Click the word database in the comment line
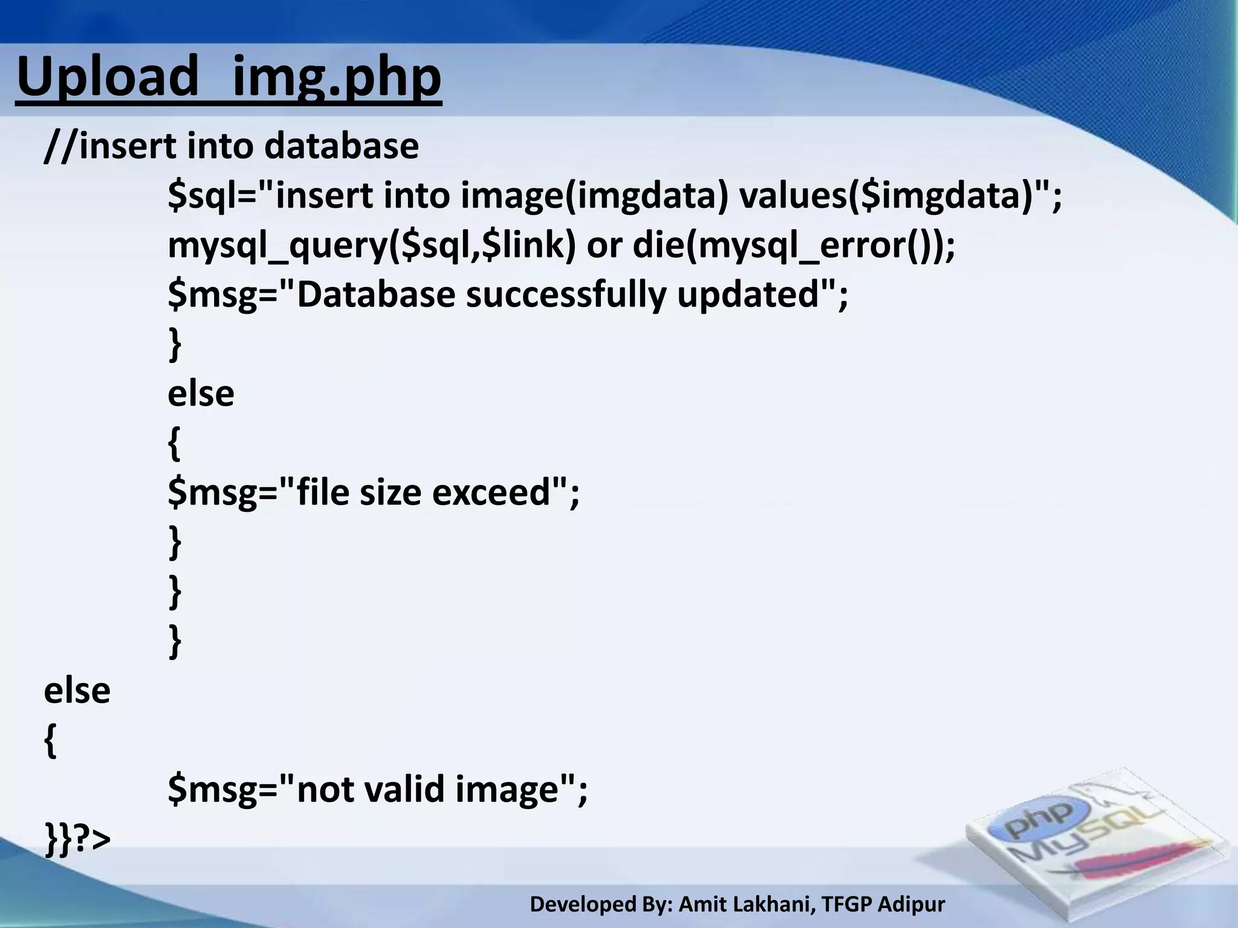click(x=341, y=146)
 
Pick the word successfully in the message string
click(x=565, y=295)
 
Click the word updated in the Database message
click(x=747, y=295)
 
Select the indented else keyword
click(x=201, y=394)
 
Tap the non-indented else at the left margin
click(x=77, y=691)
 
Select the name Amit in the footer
click(x=704, y=904)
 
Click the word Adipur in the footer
click(x=911, y=904)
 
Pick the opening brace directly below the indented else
click(x=174, y=444)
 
